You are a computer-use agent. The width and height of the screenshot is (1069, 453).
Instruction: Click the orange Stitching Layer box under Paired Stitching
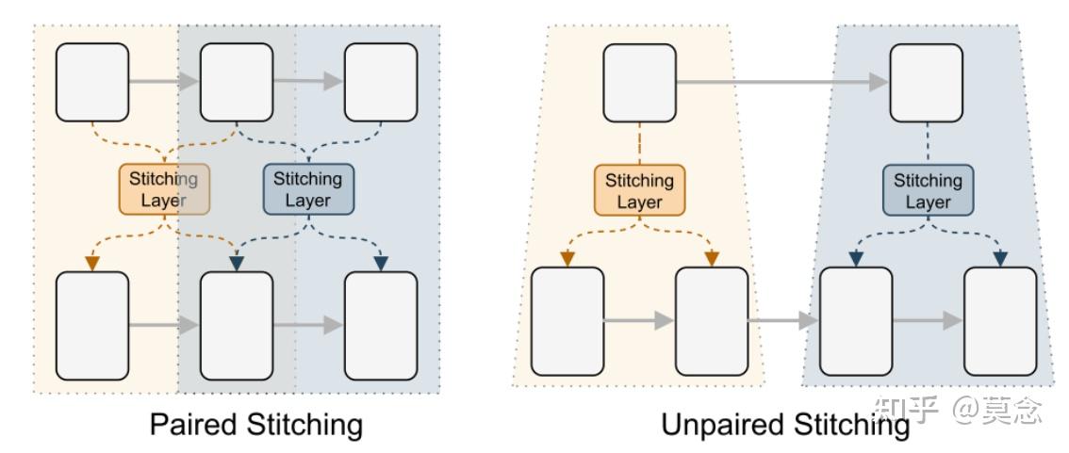[163, 189]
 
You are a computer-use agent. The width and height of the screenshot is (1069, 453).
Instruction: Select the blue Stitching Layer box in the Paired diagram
[307, 189]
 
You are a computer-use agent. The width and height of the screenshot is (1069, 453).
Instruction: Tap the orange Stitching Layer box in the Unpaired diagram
[639, 191]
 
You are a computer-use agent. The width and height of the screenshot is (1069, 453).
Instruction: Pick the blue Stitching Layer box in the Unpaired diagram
[928, 191]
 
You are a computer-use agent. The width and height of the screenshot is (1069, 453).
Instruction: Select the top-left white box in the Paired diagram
[92, 82]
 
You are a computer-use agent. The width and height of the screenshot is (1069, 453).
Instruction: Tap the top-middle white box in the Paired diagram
[237, 82]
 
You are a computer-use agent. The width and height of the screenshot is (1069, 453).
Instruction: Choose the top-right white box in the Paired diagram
[381, 82]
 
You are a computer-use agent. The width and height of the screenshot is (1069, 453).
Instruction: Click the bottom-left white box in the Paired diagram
[92, 325]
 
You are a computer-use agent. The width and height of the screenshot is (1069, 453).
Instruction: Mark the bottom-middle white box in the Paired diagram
[237, 325]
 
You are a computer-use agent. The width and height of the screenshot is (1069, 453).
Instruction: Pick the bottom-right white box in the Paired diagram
[381, 325]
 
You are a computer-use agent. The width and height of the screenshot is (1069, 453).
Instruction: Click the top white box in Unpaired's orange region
[639, 83]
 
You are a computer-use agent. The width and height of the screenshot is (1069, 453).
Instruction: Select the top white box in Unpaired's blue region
[927, 83]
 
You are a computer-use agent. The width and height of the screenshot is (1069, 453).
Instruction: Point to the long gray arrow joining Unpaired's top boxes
[782, 83]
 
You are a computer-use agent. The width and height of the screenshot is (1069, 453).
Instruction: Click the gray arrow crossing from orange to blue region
[782, 321]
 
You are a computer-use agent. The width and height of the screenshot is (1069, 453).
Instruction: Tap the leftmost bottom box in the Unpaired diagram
[567, 321]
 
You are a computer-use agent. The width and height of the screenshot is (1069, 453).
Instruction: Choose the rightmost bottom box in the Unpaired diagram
[999, 321]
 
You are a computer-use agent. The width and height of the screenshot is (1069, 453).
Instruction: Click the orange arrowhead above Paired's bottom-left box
[92, 264]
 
